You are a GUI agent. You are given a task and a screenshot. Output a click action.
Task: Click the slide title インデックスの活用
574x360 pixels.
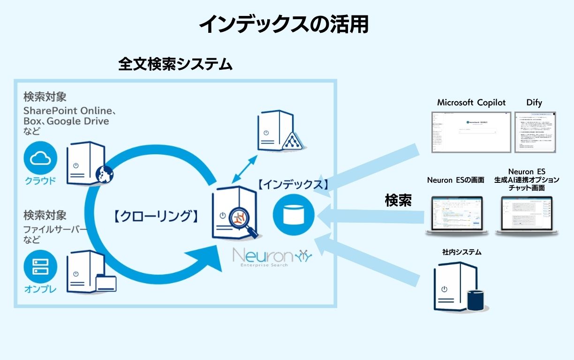[x=284, y=25]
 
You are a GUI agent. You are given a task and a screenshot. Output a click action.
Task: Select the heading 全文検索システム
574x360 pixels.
[x=175, y=64]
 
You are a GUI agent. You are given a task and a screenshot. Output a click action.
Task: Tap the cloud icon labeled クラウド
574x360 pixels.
[x=40, y=159]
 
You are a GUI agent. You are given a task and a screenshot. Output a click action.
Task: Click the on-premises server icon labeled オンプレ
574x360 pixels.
[x=40, y=266]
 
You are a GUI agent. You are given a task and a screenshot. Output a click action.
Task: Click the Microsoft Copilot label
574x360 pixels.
[x=471, y=103]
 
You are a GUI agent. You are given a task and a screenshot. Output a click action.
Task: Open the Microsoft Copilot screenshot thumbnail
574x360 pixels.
[x=471, y=132]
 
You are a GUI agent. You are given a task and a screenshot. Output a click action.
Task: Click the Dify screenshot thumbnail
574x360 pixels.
[x=535, y=132]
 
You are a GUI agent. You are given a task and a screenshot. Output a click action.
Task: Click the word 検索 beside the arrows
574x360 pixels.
[x=398, y=201]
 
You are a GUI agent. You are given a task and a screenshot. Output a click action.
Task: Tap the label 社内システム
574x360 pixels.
[x=461, y=252]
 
